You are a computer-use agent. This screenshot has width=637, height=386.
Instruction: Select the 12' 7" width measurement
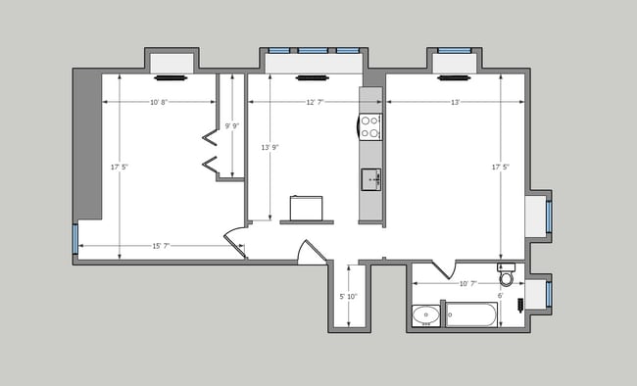point(315,102)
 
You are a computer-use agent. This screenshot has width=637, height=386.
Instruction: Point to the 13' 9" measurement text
point(269,147)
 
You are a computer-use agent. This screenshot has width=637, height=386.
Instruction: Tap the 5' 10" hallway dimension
point(348,296)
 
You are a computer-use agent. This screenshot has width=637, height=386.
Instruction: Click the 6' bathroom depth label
point(500,296)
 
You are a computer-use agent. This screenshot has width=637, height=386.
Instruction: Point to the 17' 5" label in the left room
point(119,168)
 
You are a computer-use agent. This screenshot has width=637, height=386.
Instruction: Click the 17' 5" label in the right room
point(500,168)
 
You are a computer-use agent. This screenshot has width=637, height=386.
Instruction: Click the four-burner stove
point(370,125)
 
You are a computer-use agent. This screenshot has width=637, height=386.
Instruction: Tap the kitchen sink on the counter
point(370,178)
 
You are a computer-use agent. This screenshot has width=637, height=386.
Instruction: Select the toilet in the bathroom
point(507,276)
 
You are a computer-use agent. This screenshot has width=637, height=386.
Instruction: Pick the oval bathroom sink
point(425,315)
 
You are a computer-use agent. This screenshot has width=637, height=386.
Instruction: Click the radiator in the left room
point(170,76)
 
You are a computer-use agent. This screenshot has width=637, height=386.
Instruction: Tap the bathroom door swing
point(439,268)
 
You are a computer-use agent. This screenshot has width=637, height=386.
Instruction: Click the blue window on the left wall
point(75,238)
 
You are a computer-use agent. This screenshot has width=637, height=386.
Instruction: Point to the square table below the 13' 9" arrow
point(306,208)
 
